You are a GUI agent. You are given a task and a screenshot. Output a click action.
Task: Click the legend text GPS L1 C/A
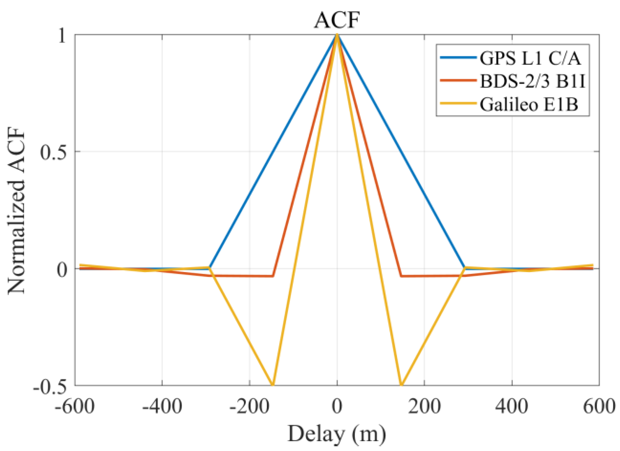point(530,58)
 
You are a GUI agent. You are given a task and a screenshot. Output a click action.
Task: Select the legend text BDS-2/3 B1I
point(533,81)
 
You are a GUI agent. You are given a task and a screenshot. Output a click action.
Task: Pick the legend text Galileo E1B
point(529,104)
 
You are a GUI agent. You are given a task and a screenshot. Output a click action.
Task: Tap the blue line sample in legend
point(458,58)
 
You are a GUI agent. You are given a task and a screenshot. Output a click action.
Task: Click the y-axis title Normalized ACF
point(17,211)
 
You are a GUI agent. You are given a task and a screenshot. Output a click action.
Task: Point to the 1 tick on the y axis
point(62,36)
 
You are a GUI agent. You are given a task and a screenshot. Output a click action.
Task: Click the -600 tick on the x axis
point(75,406)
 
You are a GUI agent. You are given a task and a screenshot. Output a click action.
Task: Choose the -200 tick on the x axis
point(249,406)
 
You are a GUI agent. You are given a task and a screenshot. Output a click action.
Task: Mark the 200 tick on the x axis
point(424,406)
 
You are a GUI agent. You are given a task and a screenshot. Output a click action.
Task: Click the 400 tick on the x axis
point(512,406)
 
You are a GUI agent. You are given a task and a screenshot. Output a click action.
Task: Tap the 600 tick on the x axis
point(599,406)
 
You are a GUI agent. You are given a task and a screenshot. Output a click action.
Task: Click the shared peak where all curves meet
point(337,35)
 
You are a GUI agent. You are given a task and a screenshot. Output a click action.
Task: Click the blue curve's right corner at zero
point(465,268)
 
